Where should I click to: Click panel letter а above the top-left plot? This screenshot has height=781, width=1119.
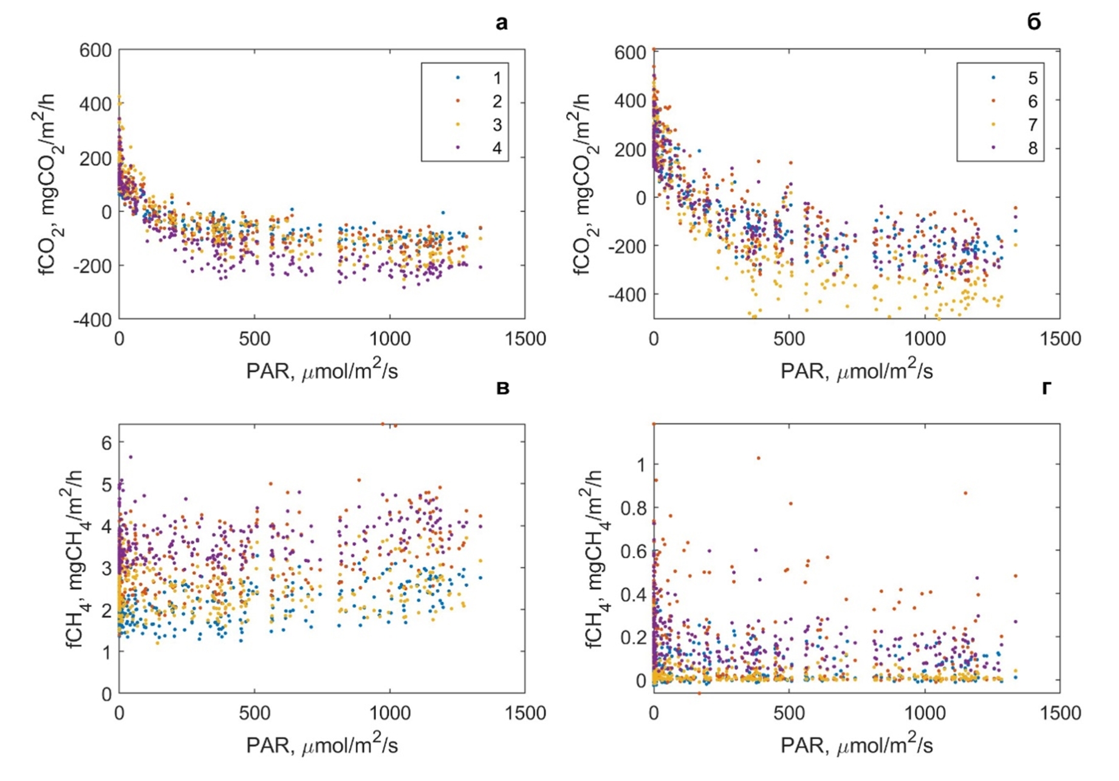[501, 23]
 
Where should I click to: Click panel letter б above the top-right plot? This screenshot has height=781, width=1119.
[1033, 22]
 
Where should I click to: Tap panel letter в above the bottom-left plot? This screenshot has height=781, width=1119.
[502, 388]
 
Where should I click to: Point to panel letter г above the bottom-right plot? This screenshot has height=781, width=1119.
[1046, 388]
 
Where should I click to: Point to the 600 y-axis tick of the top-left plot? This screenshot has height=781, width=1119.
[95, 50]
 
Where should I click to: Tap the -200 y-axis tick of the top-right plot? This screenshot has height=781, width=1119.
[628, 246]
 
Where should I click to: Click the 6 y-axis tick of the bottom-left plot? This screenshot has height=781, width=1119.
[107, 442]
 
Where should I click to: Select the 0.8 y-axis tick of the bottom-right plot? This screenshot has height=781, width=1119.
[634, 507]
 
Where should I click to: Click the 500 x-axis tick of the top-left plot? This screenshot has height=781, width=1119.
[254, 338]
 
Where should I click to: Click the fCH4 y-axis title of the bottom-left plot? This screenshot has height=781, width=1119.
[77, 559]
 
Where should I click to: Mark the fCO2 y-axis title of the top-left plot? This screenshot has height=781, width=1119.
[46, 184]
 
